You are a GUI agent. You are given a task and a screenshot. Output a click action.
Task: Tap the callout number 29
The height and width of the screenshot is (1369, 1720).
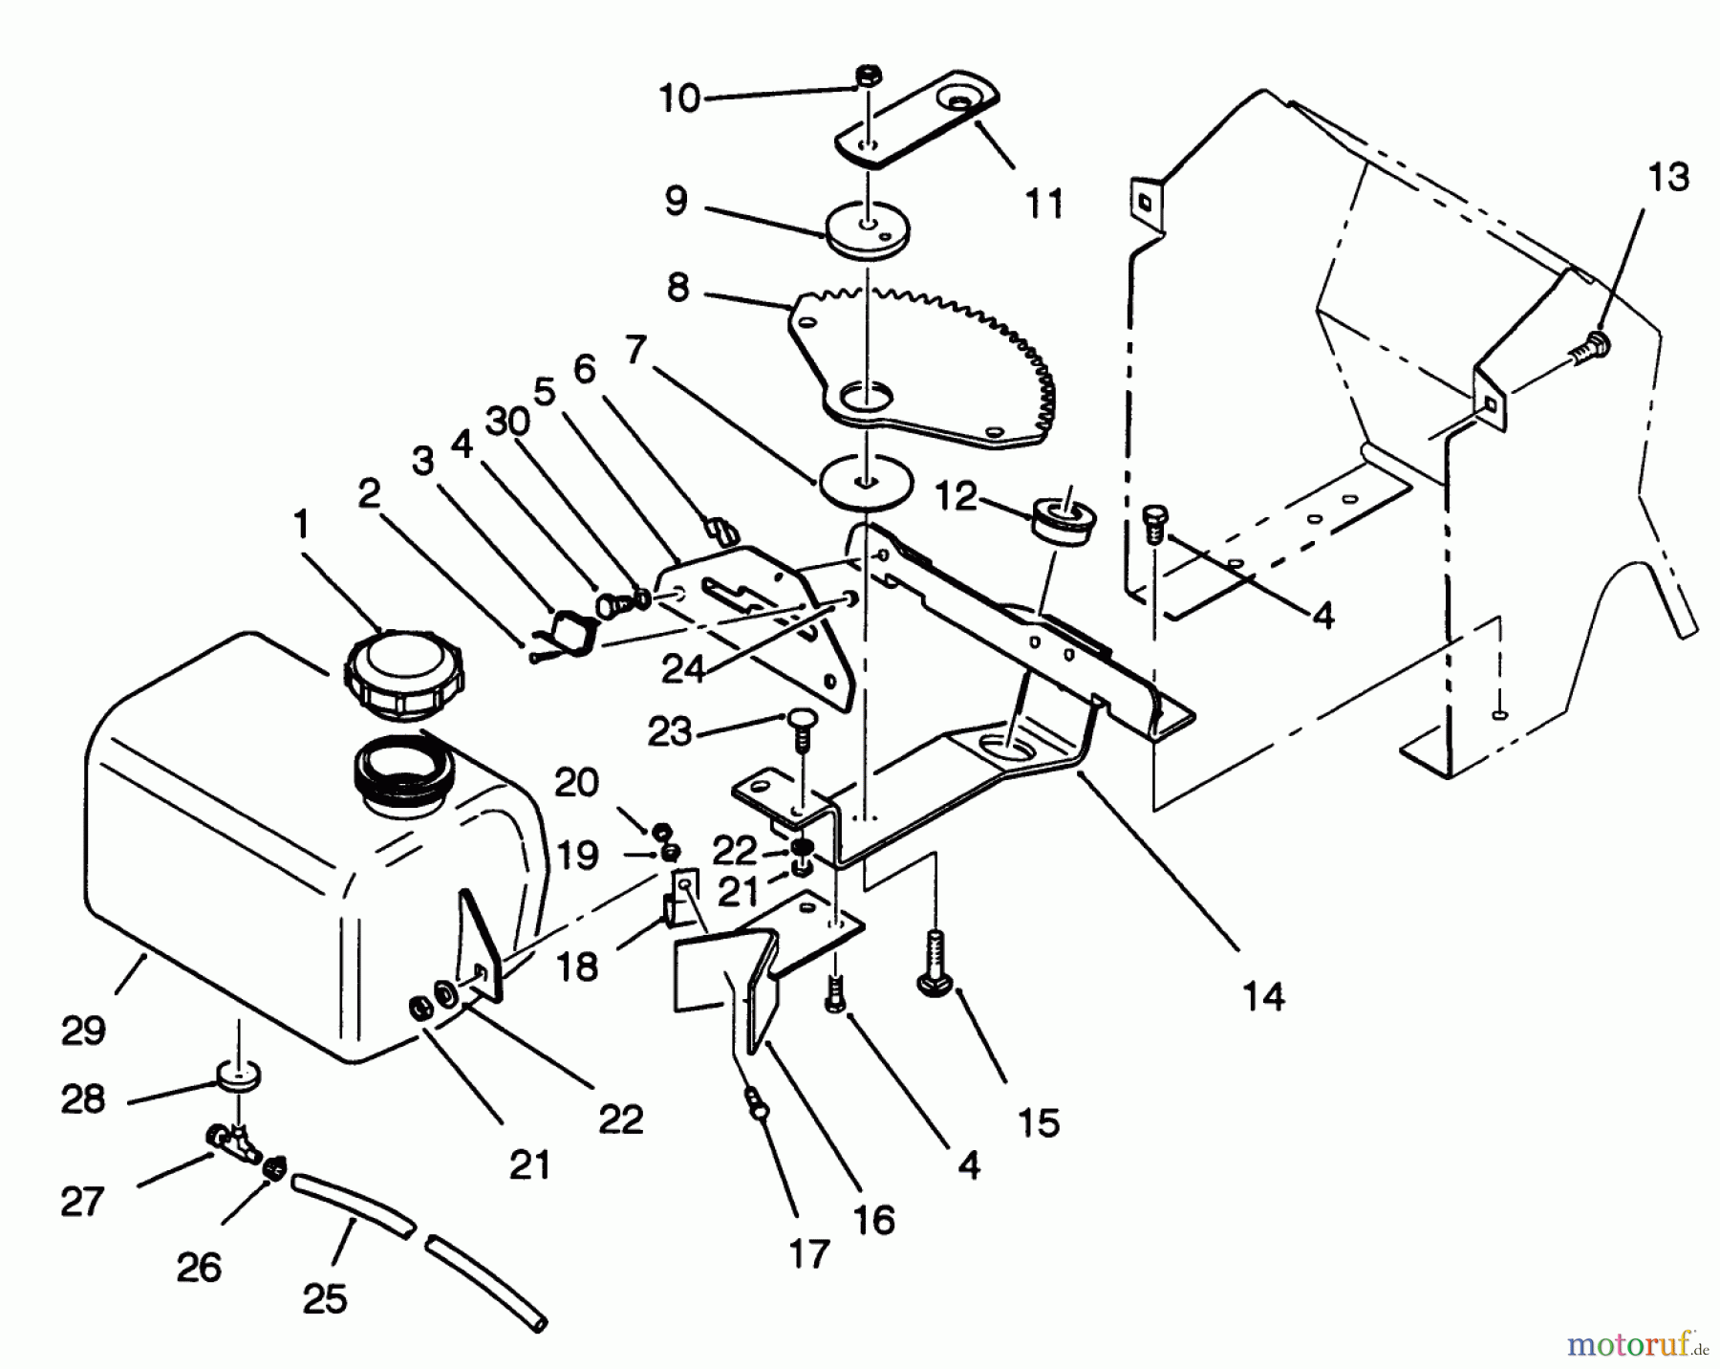pos(83,1032)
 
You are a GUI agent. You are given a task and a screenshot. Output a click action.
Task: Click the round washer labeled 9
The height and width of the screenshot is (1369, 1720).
pos(868,230)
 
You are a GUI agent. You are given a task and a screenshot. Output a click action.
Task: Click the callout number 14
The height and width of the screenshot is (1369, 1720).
pos(1264,996)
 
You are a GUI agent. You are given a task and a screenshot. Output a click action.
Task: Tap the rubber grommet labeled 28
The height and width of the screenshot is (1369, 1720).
pos(238,1078)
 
